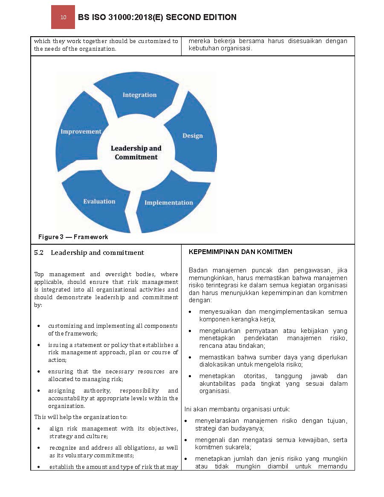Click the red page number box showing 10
63,17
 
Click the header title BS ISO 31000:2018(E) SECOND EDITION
157,17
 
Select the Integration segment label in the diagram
139,95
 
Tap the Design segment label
193,136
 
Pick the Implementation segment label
168,202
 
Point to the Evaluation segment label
99,201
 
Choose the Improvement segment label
81,131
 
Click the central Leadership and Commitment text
136,153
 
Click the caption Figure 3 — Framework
73,237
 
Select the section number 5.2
39,253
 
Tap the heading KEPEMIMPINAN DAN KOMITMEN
240,252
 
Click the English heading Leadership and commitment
97,253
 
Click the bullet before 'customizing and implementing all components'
39,326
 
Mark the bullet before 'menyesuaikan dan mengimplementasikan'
190,312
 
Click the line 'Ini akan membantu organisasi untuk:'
237,409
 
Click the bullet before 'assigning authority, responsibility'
39,391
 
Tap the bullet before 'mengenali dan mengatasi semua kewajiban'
186,440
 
